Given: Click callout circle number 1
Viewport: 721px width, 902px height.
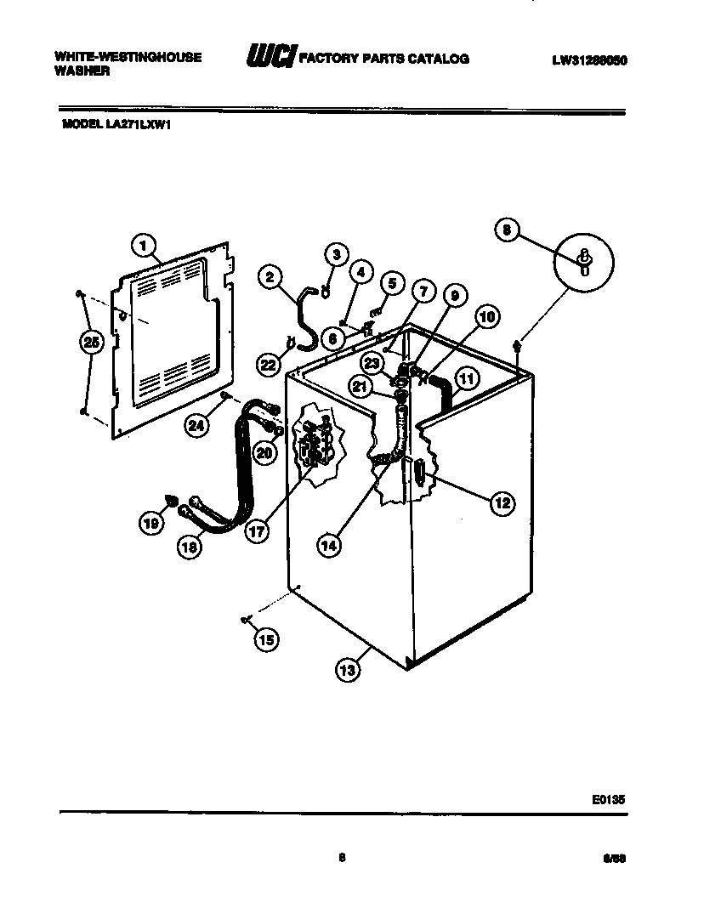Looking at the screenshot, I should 144,246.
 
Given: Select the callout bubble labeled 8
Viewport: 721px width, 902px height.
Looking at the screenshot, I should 506,229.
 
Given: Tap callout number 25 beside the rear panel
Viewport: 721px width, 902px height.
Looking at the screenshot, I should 90,343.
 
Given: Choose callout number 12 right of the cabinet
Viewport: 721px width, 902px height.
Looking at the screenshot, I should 502,503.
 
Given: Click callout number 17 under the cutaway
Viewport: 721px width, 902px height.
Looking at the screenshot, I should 256,531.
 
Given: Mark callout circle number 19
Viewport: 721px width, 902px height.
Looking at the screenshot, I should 151,525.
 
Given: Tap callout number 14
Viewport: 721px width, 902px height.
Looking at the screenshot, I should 329,546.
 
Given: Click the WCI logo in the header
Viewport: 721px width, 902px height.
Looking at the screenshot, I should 270,57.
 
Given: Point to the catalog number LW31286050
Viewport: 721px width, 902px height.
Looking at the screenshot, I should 589,60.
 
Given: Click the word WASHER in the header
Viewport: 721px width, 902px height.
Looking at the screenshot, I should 82,72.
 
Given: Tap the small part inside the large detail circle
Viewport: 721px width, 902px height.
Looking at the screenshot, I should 584,261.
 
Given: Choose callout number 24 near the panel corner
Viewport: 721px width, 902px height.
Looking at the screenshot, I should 197,425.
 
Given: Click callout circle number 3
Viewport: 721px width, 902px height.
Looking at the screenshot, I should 337,254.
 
